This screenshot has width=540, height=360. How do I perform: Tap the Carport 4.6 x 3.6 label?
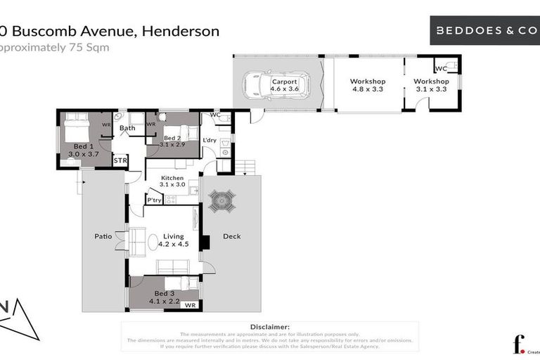pos(285,85)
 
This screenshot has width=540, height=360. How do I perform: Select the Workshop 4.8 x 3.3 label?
pos(368,85)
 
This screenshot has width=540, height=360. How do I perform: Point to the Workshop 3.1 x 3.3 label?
pos(431,85)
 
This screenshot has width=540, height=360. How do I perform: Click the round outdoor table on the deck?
pos(222,202)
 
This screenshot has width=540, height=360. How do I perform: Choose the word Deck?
pos(231,236)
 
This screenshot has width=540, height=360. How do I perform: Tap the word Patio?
pos(103,236)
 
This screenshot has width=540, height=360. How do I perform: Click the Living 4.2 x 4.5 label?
pos(173,240)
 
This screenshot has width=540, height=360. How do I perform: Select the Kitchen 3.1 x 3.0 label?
pos(172,181)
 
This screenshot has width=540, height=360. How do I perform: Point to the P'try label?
pos(154,200)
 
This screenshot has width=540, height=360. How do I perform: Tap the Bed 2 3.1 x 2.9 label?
pos(173,141)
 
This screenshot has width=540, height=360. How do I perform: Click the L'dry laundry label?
pos(209,141)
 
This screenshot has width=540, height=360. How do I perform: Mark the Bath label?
pos(127,128)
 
